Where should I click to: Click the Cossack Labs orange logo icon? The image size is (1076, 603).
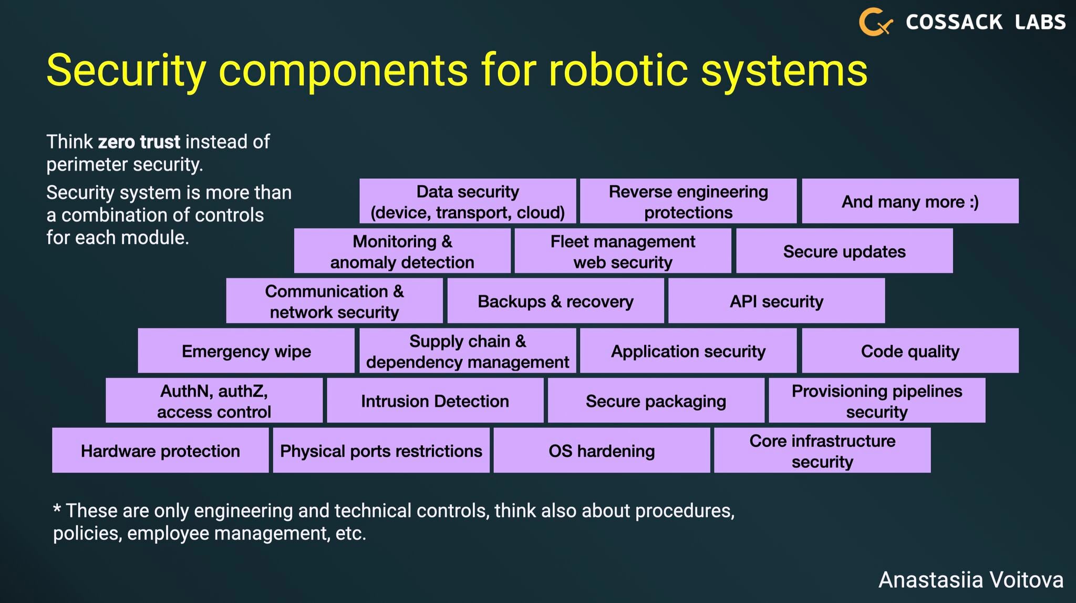(x=875, y=22)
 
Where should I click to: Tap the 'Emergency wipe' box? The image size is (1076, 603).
(x=246, y=351)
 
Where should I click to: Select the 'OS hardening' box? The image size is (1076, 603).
(x=602, y=451)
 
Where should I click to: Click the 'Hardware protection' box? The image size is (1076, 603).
(x=160, y=451)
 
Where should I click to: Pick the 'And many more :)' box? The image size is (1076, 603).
(x=910, y=201)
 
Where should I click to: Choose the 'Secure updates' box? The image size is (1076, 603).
(x=844, y=251)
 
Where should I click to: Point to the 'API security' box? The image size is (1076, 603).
(x=776, y=301)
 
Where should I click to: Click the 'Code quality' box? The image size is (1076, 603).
(x=910, y=351)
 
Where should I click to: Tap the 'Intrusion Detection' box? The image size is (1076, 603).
(x=435, y=401)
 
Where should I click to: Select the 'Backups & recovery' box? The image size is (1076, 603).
(x=555, y=301)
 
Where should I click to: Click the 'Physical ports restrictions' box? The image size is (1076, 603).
(x=381, y=451)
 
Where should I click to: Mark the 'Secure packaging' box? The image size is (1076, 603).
(x=656, y=401)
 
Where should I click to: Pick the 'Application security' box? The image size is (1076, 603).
(x=688, y=351)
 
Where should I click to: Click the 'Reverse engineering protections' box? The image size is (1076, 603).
(x=688, y=201)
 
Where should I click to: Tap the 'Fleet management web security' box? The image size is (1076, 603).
(x=623, y=251)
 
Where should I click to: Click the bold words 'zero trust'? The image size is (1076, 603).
(x=139, y=142)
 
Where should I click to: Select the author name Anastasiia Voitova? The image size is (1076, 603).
(x=971, y=580)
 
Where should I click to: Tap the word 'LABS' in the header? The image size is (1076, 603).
(x=1040, y=22)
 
